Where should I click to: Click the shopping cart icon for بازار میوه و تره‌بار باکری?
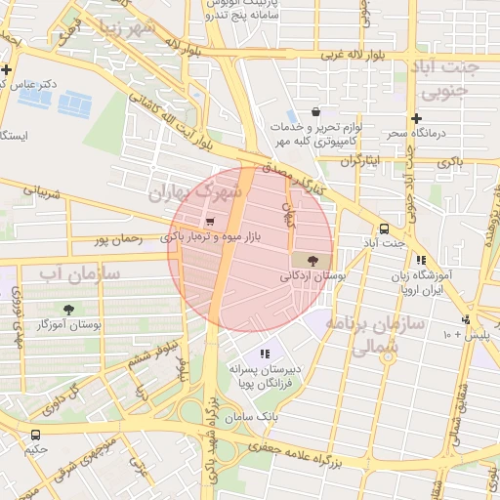pos(210,222)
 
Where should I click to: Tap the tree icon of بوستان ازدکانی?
pos(312,261)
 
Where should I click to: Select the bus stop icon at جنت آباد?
pos(385,225)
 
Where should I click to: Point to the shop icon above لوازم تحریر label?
pos(314,112)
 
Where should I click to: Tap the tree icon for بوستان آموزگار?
pos(68,309)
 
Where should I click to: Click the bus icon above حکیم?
pos(35,435)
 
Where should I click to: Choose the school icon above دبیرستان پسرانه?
pos(264,354)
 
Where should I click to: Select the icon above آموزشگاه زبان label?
pos(420,260)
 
